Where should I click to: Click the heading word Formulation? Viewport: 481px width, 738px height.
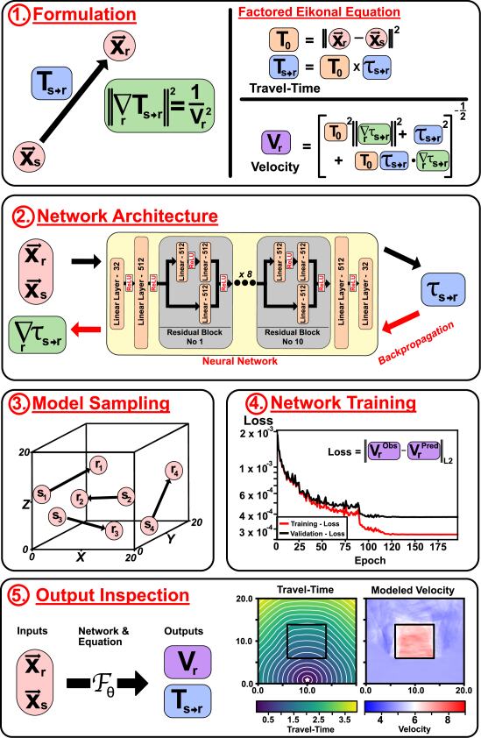(x=80, y=15)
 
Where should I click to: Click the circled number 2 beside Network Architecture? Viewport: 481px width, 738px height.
(x=18, y=215)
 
